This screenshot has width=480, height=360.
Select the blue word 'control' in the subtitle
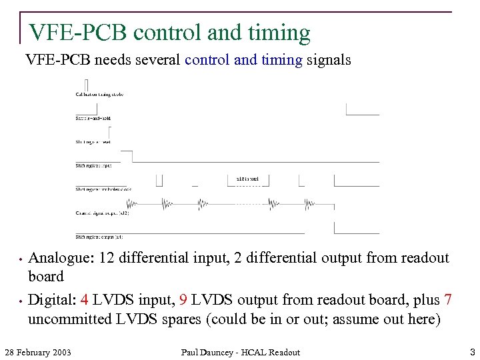click(207, 60)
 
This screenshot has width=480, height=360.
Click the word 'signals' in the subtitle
click(329, 60)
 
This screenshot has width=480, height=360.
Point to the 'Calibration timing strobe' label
click(99, 95)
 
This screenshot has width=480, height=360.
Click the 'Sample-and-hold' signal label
click(93, 118)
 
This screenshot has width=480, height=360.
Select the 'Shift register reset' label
click(93, 141)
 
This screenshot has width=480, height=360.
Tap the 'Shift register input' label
click(93, 165)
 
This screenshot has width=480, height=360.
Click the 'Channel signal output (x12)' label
click(102, 213)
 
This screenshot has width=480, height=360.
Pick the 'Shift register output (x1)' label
click(99, 237)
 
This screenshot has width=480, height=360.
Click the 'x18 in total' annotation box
click(248, 179)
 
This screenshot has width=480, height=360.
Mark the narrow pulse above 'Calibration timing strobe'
click(87, 85)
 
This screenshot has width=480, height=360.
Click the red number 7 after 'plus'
click(448, 300)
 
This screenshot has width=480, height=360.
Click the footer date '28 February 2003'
click(38, 352)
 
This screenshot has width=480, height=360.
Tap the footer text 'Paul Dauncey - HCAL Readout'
click(241, 352)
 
